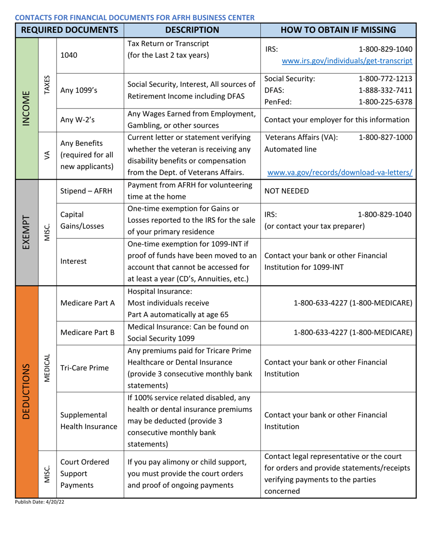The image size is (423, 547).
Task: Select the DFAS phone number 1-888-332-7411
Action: tap(385, 90)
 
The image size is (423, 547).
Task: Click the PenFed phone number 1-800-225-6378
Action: tap(385, 102)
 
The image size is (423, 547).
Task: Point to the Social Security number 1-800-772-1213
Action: tap(385, 79)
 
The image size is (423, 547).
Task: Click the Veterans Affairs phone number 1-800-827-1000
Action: tap(385, 137)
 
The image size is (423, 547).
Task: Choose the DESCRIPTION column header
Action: tap(192, 30)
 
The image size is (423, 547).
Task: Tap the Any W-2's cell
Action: tap(76, 119)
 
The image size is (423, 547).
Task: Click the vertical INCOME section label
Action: tap(27, 109)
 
